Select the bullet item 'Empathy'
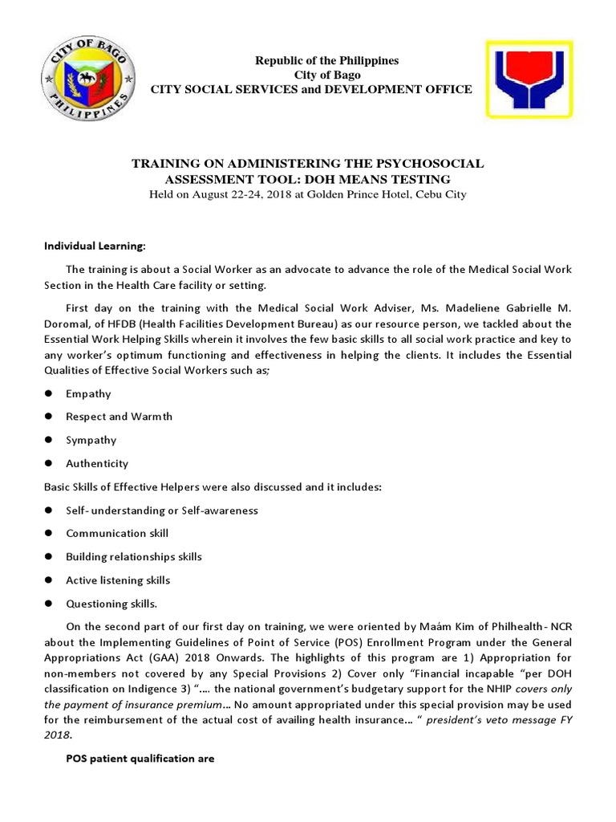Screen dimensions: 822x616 click(88, 393)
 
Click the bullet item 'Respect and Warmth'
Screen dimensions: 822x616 click(119, 417)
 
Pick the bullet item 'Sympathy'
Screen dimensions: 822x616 click(91, 440)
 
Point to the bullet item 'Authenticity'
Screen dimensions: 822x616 click(96, 463)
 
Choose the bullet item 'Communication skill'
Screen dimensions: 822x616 click(117, 533)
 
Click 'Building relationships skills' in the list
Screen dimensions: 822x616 click(134, 556)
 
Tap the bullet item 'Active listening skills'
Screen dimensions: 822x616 click(118, 580)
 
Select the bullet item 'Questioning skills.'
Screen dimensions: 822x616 click(111, 603)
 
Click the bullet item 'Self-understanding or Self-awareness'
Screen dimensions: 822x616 click(162, 510)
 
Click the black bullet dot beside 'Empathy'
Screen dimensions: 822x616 click(48, 393)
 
